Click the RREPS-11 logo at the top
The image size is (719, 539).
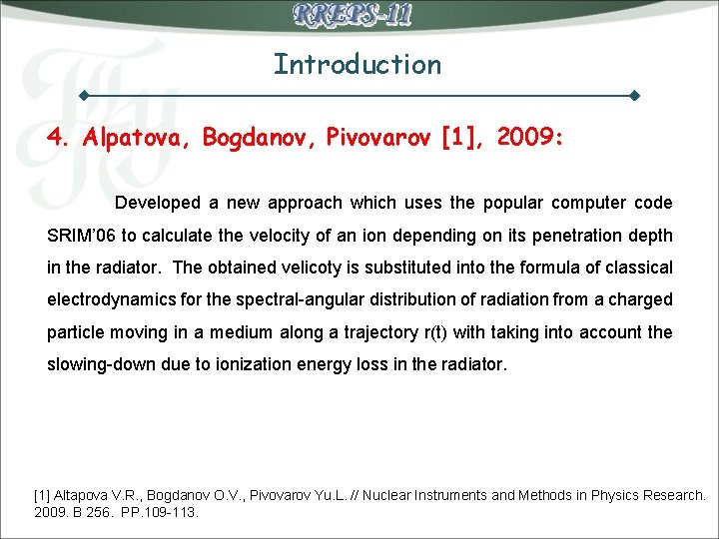coord(353,15)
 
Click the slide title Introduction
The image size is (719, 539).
coord(358,65)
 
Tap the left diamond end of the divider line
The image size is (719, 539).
coord(85,97)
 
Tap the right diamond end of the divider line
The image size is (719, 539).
coord(635,97)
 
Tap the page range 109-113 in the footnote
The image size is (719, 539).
coord(171,512)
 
